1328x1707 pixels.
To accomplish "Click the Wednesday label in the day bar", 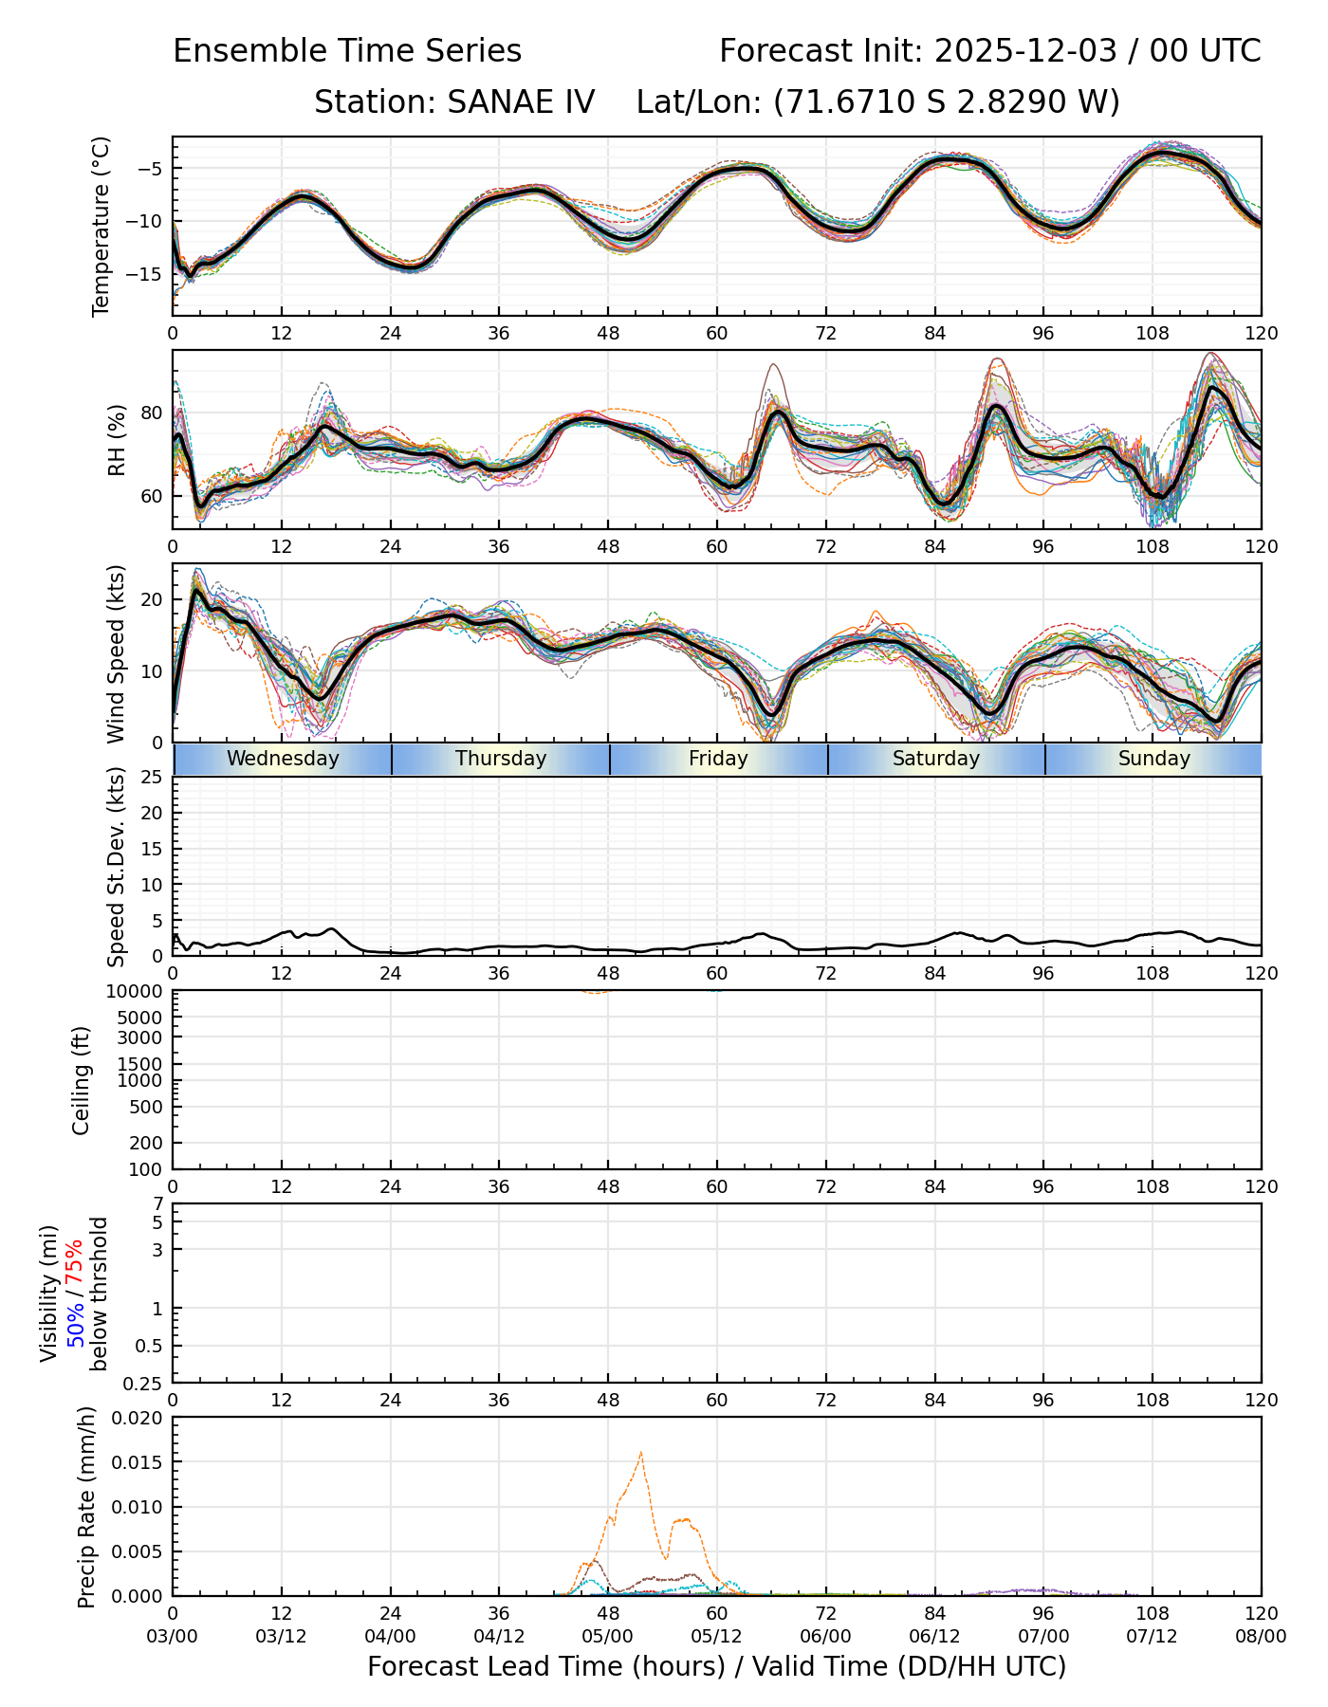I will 283,759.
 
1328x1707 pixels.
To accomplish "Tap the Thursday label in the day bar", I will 501,759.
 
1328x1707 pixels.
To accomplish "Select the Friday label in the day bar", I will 718,759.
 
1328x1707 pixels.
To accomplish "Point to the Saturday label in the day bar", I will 936,759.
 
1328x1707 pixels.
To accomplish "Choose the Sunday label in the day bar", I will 1153,759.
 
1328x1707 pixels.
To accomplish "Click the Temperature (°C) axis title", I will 101,226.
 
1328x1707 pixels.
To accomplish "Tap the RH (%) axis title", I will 117,440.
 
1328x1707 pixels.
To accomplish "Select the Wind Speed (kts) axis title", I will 117,653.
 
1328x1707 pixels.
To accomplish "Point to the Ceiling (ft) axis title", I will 83,1080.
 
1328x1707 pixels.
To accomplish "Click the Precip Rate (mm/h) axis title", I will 87,1507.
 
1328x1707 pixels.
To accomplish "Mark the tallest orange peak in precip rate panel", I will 641,1453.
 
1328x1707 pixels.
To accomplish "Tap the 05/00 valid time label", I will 608,1636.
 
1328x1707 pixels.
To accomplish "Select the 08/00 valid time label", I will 1261,1636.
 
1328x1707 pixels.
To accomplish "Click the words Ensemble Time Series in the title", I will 347,51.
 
